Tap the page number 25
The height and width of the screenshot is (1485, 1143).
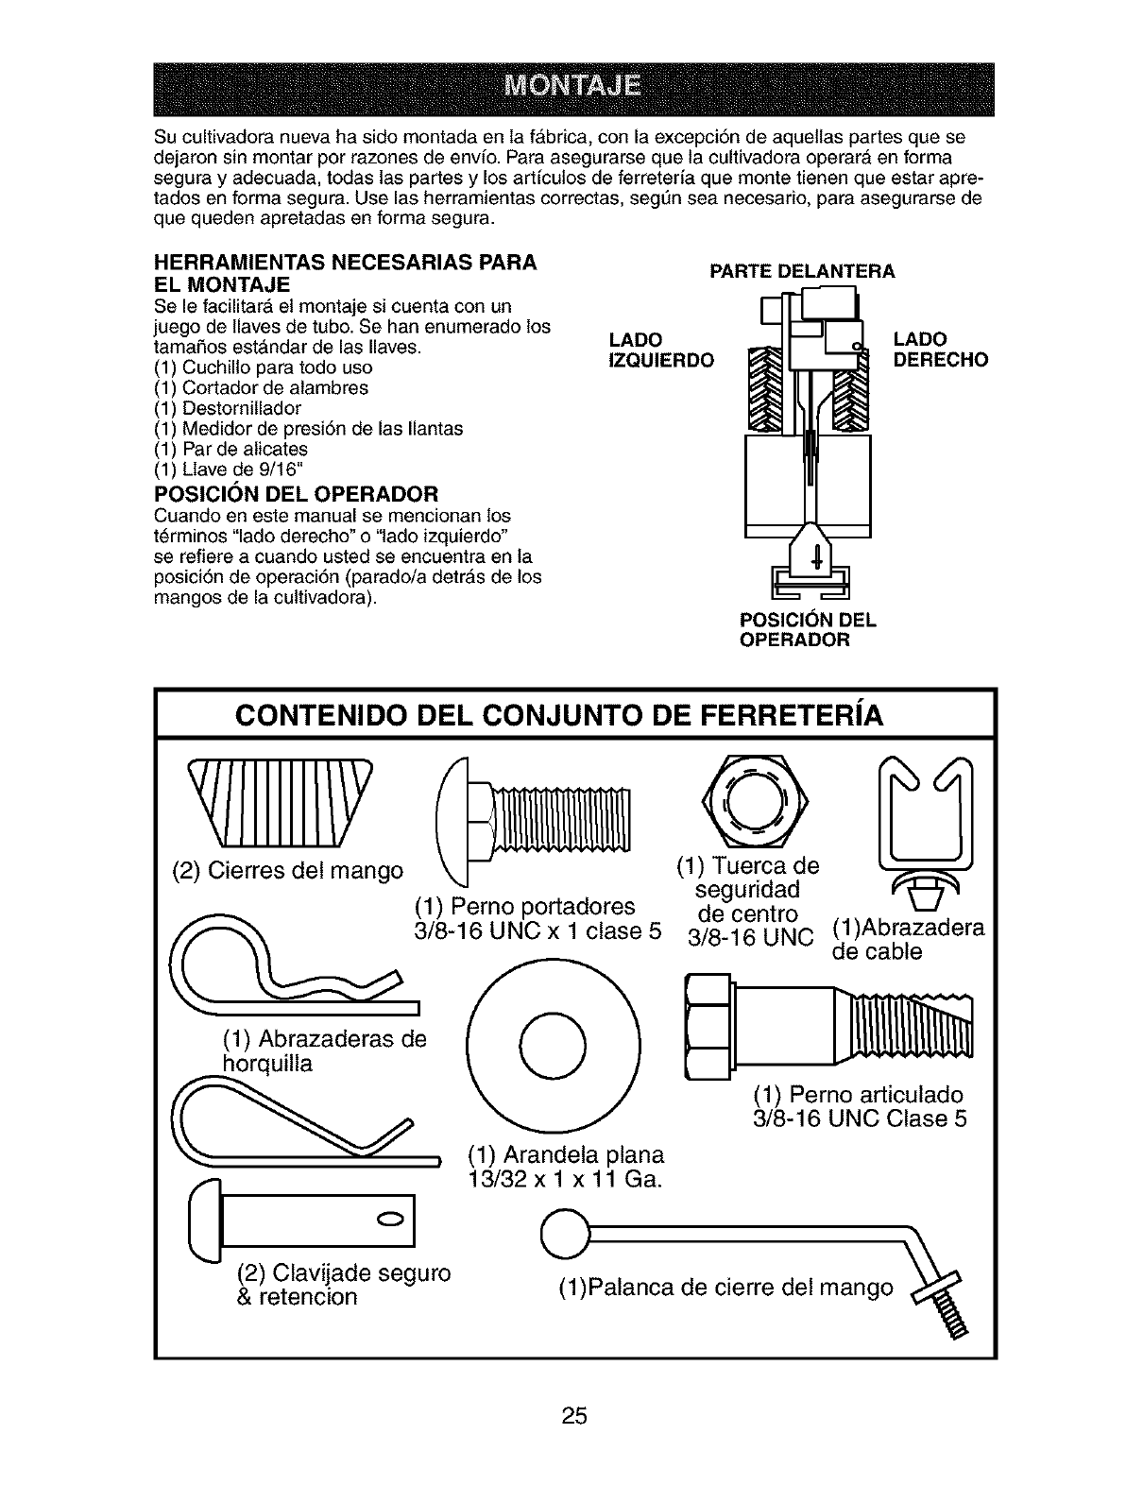coord(574,1415)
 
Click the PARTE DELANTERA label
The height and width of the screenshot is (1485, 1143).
coord(802,272)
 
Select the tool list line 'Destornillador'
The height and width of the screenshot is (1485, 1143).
coord(227,408)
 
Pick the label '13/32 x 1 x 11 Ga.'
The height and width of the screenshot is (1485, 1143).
coord(564,1180)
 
